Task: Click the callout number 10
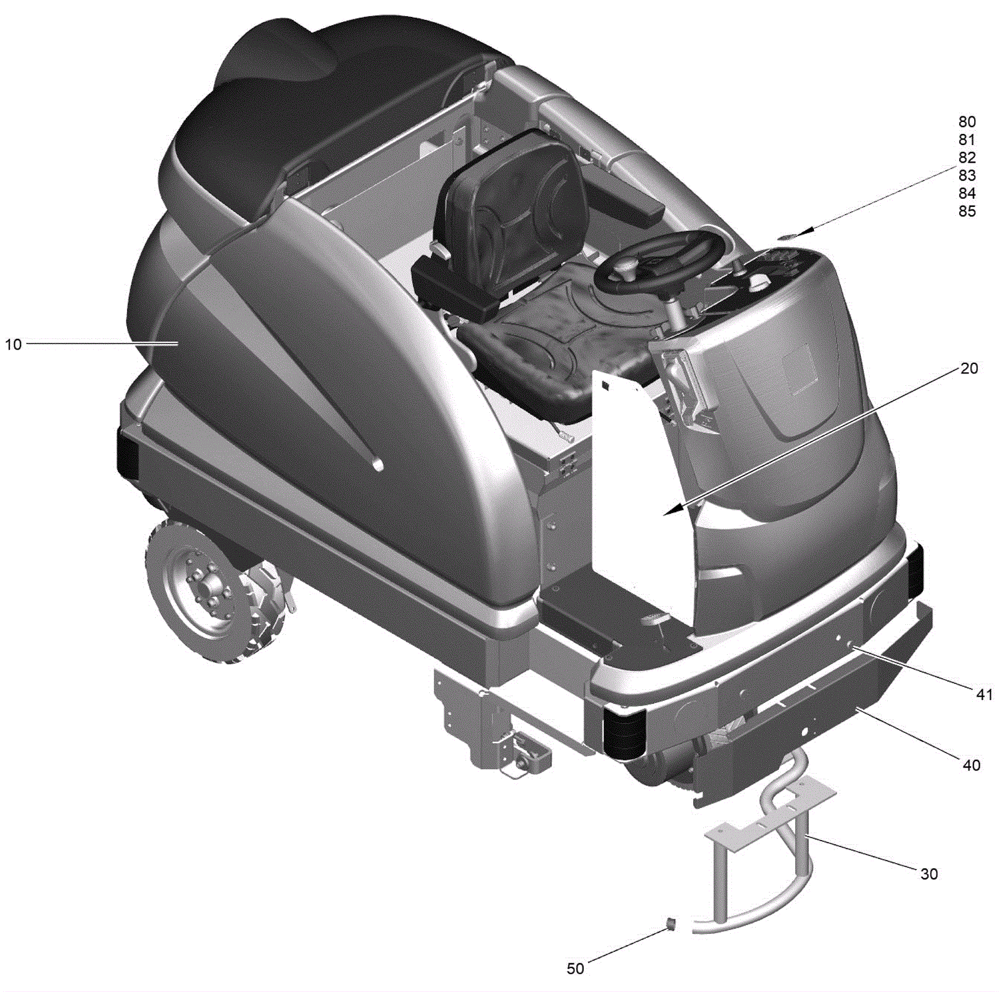tap(13, 344)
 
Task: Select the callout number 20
tap(968, 368)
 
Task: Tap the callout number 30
tap(929, 874)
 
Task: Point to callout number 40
tap(971, 765)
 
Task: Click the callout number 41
tap(984, 694)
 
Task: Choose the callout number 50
tap(575, 968)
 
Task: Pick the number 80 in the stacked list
tap(967, 121)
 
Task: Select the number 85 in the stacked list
tap(967, 211)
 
